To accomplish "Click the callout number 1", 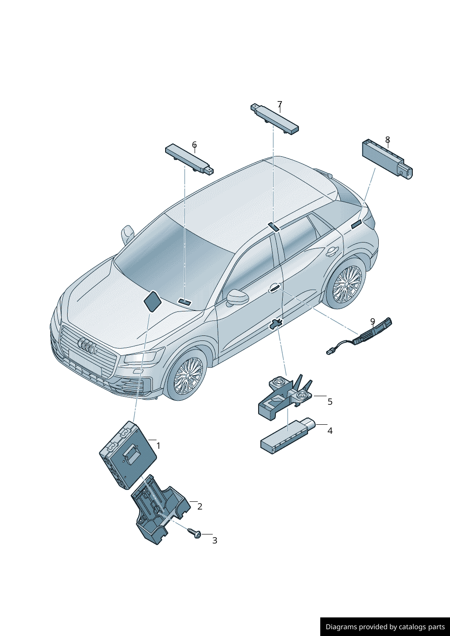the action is pyautogui.click(x=158, y=446).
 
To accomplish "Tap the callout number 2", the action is pyautogui.click(x=200, y=506).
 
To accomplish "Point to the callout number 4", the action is pyautogui.click(x=330, y=431).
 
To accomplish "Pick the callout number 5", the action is pyautogui.click(x=330, y=402).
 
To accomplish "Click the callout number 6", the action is pyautogui.click(x=194, y=145).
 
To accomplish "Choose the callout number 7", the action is pyautogui.click(x=279, y=104).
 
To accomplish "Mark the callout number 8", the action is pyautogui.click(x=387, y=140).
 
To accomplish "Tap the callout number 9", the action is pyautogui.click(x=373, y=321).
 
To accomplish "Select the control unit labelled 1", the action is pyautogui.click(x=128, y=455).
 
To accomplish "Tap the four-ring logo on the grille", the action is pyautogui.click(x=86, y=346).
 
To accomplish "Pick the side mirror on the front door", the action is pyautogui.click(x=237, y=297).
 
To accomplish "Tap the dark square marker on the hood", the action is pyautogui.click(x=153, y=301).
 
